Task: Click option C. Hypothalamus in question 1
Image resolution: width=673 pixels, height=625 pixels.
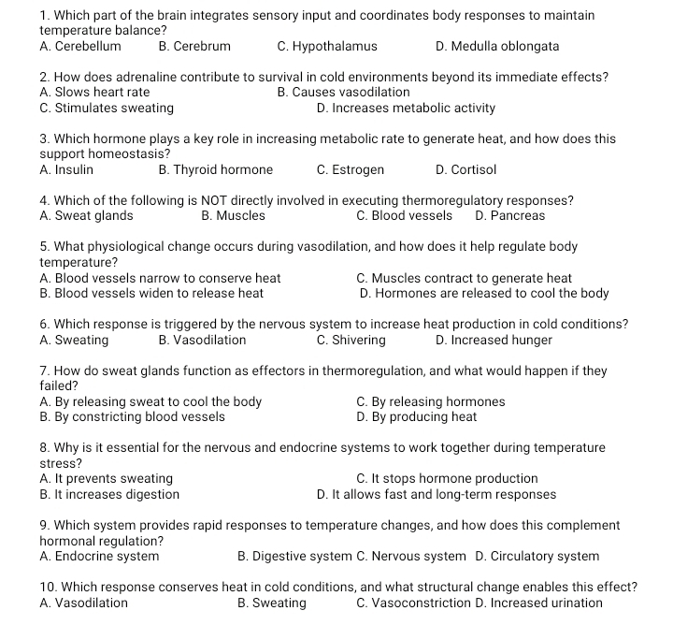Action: click(327, 46)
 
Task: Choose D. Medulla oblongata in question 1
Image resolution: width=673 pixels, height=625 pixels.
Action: click(497, 46)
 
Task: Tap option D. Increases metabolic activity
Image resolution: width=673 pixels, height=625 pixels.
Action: click(406, 109)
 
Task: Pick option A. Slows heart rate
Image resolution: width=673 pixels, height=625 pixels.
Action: click(94, 93)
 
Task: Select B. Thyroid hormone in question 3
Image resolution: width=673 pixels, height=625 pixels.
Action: click(216, 170)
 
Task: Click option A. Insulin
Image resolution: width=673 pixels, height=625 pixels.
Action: click(66, 170)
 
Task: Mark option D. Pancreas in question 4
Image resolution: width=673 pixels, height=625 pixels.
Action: click(509, 216)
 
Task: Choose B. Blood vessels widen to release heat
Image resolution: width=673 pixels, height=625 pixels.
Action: click(151, 294)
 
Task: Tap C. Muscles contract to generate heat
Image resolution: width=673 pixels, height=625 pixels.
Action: click(464, 278)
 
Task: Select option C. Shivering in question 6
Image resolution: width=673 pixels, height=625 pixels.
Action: click(351, 341)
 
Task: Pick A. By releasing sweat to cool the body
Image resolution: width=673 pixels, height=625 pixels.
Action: click(150, 402)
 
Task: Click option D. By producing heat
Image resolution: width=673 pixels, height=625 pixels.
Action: click(416, 417)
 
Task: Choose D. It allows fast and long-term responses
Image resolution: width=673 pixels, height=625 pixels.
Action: click(436, 494)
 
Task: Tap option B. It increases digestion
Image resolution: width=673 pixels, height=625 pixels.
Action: click(109, 494)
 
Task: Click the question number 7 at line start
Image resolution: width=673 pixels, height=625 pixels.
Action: click(45, 371)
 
